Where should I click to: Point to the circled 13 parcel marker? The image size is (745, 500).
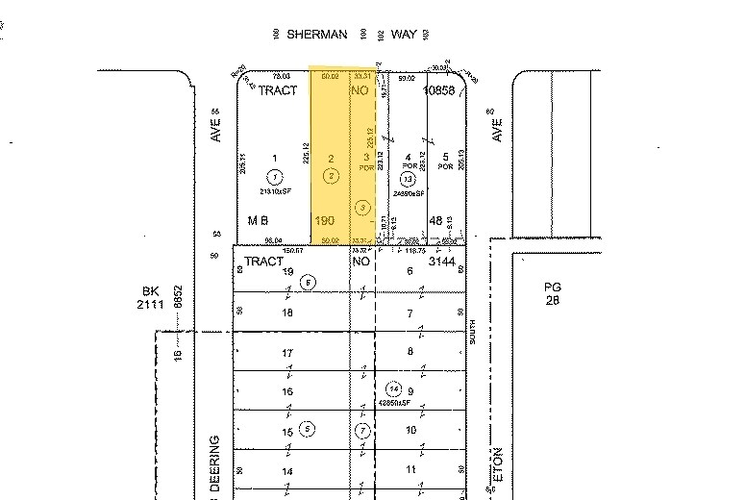click(x=409, y=179)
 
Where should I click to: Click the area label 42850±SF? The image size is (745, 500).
click(x=394, y=402)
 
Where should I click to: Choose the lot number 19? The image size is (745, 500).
click(x=286, y=272)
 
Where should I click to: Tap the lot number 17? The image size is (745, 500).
click(x=286, y=353)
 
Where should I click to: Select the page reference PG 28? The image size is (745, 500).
click(x=551, y=293)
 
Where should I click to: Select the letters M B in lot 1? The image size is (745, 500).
click(x=257, y=220)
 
